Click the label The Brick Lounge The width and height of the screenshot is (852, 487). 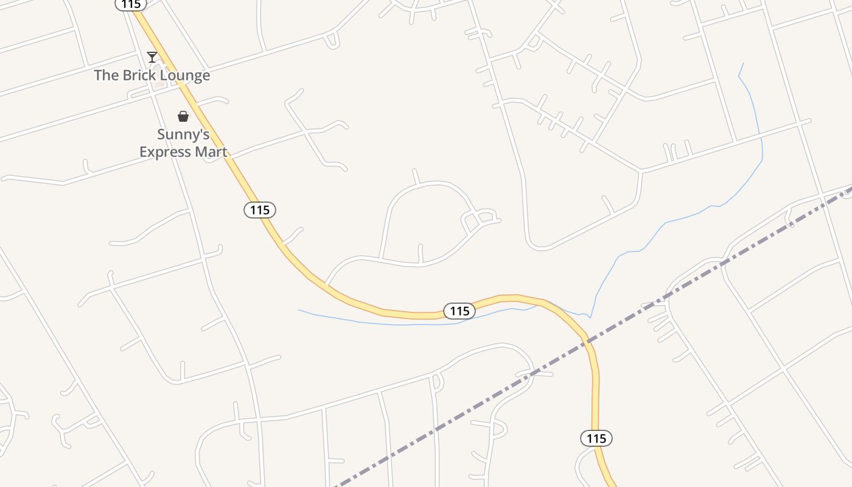[x=152, y=75]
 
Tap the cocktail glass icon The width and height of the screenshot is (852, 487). [x=152, y=57]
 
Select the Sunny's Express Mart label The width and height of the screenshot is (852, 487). [x=183, y=143]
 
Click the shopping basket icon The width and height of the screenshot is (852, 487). [x=183, y=116]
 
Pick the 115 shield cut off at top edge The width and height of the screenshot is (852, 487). [x=130, y=4]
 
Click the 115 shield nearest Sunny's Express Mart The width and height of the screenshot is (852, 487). [x=260, y=210]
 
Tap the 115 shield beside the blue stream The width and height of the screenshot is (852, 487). [x=459, y=311]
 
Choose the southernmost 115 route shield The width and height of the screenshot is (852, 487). [x=596, y=438]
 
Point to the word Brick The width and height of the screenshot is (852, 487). [x=134, y=75]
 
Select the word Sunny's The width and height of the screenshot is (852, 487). [x=183, y=135]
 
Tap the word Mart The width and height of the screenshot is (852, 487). [x=212, y=152]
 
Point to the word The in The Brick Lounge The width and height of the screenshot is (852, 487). [x=105, y=75]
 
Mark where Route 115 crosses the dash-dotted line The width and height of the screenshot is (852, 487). [x=587, y=342]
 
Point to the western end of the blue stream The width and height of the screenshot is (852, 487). [x=299, y=310]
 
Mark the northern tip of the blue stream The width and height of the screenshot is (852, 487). [x=743, y=63]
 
